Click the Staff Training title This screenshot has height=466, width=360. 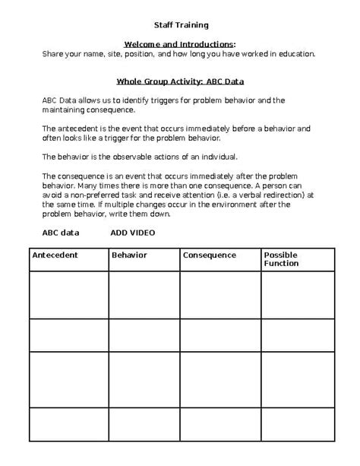179,24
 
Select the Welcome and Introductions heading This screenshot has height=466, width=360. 179,44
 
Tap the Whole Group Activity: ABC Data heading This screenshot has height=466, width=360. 179,81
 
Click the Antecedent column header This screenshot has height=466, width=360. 55,255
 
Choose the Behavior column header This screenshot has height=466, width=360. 129,255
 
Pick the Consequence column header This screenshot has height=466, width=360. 210,255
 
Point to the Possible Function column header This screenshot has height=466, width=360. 280,259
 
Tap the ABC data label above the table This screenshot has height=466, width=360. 61,233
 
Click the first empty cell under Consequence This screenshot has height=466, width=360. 220,294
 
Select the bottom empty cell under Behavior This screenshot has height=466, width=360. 144,424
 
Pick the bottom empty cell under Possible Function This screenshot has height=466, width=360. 297,424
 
